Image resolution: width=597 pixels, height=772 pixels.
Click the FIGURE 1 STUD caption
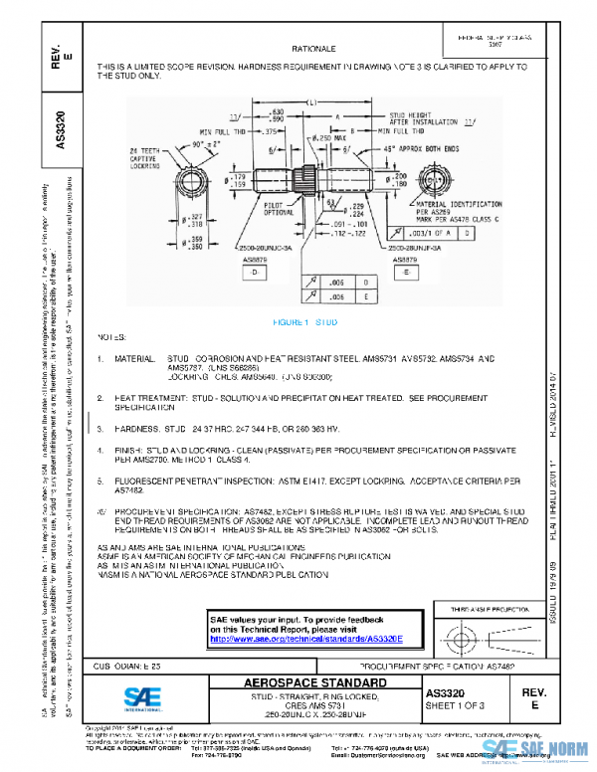click(312, 323)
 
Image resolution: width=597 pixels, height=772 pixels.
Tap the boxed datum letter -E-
click(408, 271)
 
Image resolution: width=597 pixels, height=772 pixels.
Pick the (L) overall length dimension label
click(311, 102)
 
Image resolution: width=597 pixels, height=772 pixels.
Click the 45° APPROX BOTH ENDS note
click(439, 146)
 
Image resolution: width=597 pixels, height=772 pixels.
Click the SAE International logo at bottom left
click(132, 697)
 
